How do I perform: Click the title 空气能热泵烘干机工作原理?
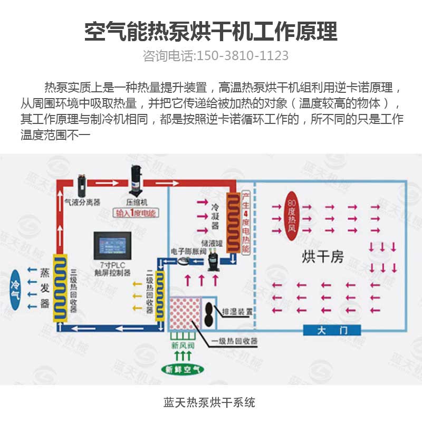pos(211,32)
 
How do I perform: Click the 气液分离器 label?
pos(82,202)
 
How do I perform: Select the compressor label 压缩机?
pos(137,202)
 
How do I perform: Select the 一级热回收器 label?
pos(235,341)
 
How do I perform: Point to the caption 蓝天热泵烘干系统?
pos(210,402)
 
